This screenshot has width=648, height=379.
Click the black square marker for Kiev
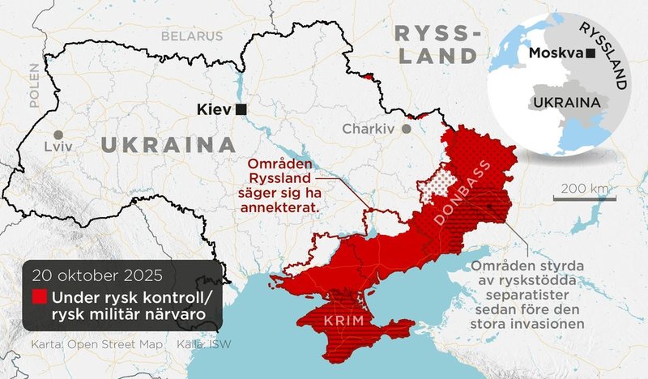241,109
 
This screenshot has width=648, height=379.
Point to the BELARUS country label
191,36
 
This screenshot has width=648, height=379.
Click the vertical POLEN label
34,86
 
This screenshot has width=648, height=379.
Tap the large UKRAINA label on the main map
163,146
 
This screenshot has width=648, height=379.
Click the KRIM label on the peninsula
337,322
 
